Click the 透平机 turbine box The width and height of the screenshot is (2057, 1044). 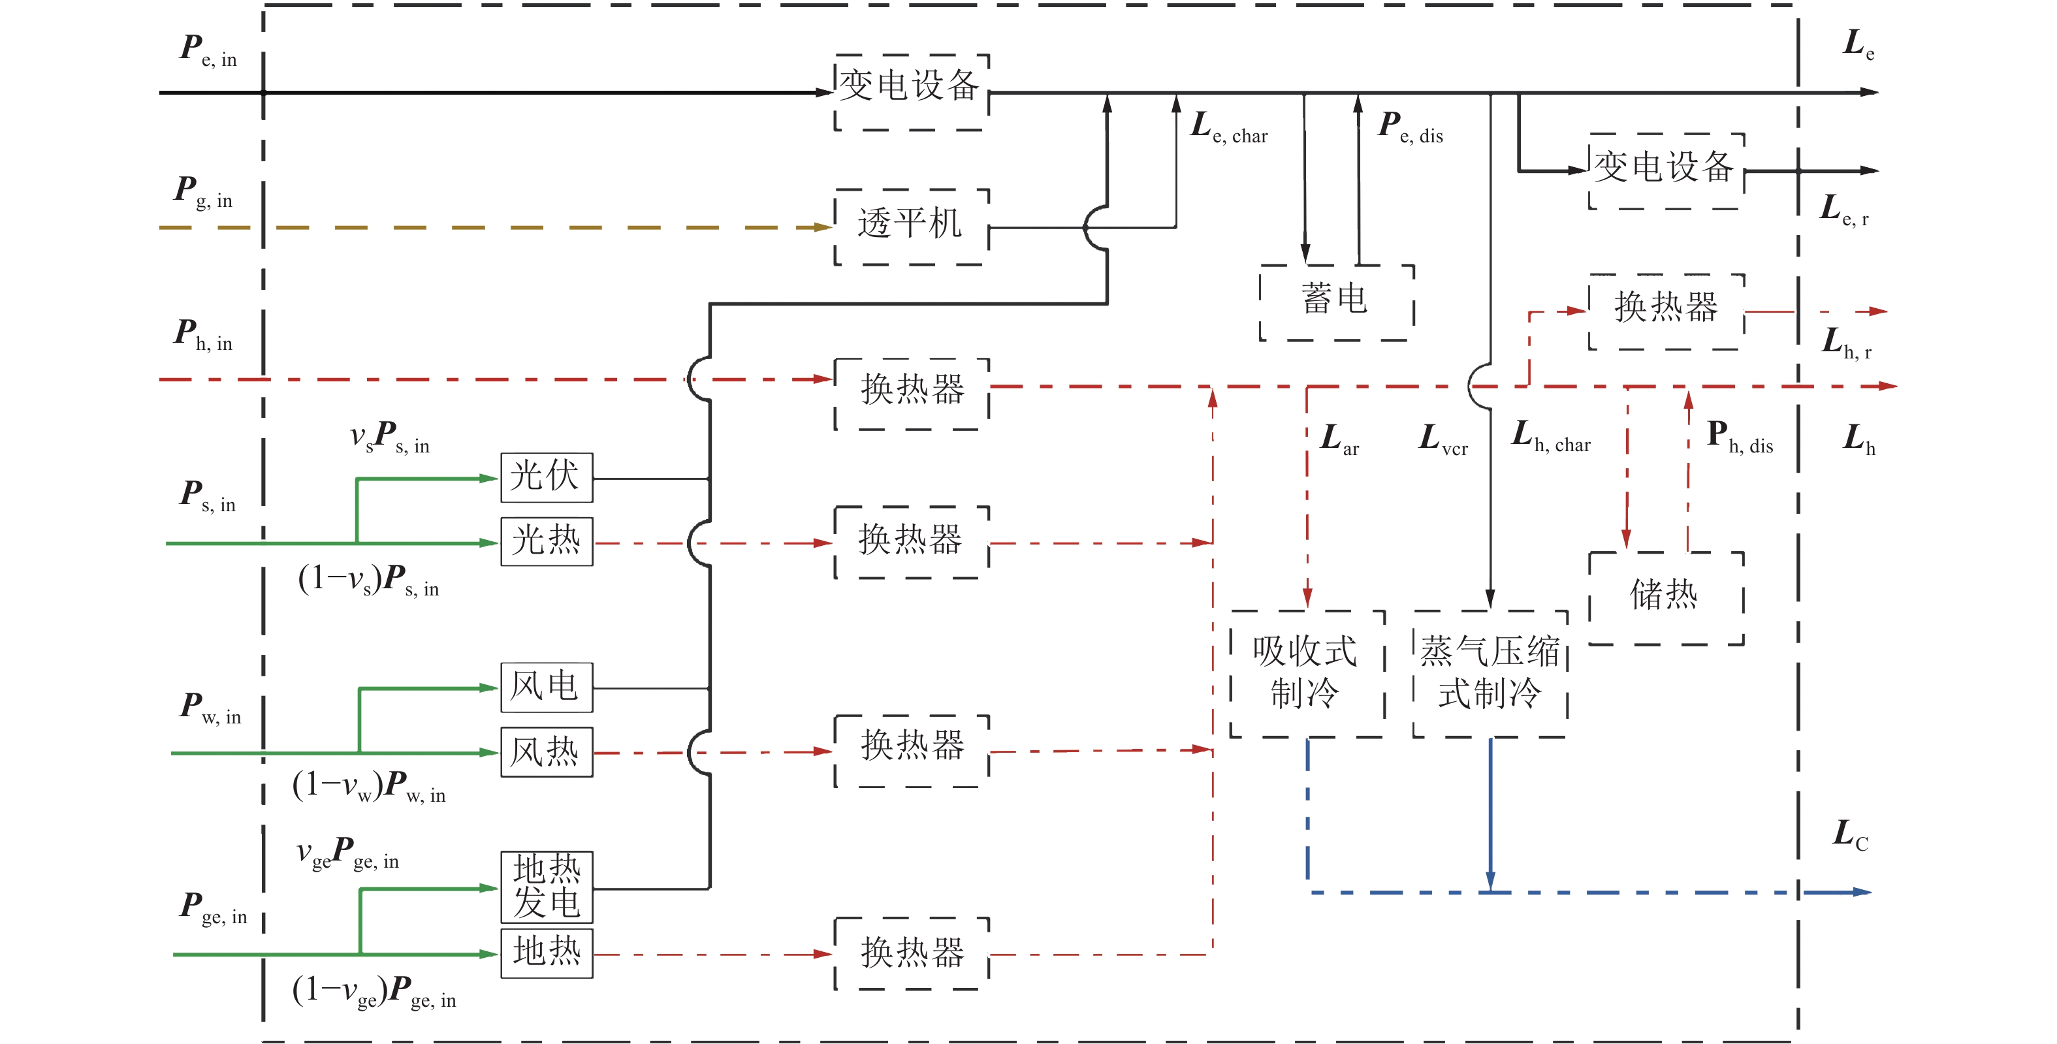pyautogui.click(x=911, y=226)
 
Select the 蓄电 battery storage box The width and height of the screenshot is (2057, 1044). pyautogui.click(x=1336, y=302)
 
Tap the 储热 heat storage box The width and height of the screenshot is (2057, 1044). pyautogui.click(x=1666, y=597)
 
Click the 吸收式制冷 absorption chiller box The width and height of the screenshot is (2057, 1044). pyautogui.click(x=1307, y=673)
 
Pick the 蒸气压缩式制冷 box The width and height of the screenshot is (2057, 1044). pyautogui.click(x=1490, y=673)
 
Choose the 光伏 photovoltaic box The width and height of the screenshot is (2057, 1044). pyautogui.click(x=546, y=477)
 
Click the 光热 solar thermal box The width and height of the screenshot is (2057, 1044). pyautogui.click(x=546, y=542)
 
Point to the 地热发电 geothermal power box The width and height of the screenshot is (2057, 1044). pyautogui.click(x=546, y=887)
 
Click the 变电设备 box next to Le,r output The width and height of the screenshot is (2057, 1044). pyautogui.click(x=1666, y=170)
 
